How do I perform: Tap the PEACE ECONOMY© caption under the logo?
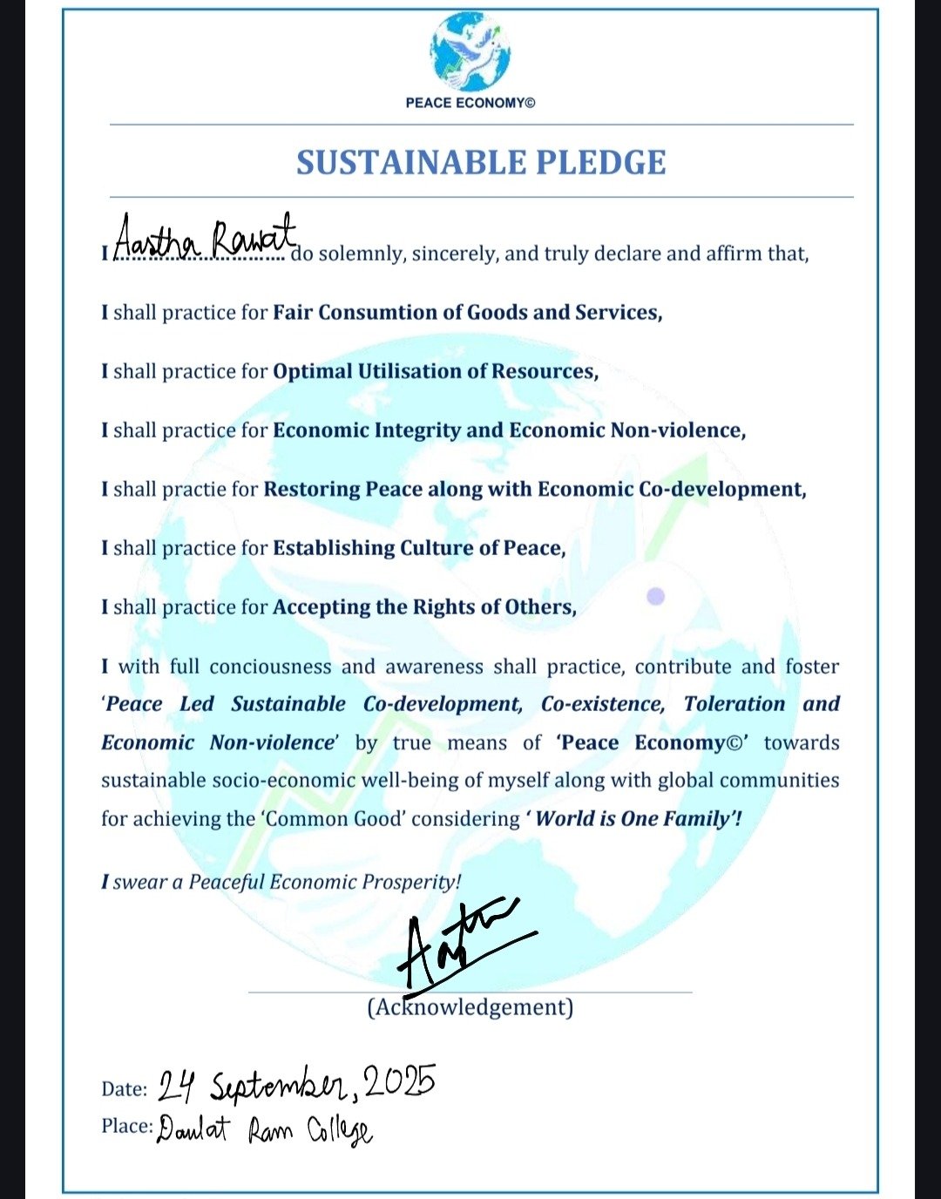470,103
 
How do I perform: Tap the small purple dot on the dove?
656,596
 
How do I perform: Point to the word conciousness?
270,667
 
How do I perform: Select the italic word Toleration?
734,704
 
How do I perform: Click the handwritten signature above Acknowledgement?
462,945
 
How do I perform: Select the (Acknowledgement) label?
470,1008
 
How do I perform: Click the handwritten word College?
339,1132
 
